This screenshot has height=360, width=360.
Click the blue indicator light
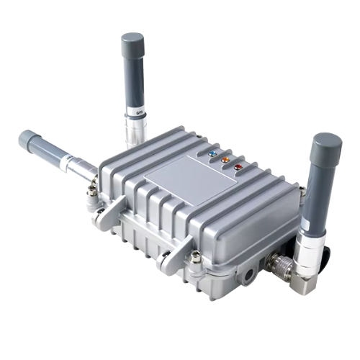(211, 153)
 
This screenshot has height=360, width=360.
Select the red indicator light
(238, 166)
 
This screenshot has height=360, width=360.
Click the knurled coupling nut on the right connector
(278, 266)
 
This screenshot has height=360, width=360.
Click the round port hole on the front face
(248, 273)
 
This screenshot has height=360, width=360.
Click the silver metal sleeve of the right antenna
(311, 248)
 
